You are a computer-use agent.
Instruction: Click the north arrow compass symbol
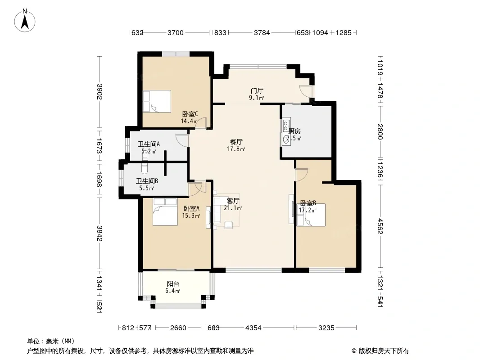25,21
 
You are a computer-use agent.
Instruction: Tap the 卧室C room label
190,114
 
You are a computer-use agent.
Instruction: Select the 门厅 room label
257,91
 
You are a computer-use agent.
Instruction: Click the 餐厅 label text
236,142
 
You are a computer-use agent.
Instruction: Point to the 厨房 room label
294,131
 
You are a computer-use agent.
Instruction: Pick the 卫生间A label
149,144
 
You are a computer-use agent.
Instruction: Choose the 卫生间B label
147,181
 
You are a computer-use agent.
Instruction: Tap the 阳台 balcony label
173,284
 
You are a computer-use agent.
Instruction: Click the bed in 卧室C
157,101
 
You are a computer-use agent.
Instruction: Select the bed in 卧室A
165,212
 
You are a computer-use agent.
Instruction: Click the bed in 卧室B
311,215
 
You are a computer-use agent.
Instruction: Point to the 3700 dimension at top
176,33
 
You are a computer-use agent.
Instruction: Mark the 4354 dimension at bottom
254,328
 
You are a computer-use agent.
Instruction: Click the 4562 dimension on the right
380,226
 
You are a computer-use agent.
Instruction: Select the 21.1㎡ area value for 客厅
233,208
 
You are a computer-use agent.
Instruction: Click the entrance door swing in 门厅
306,91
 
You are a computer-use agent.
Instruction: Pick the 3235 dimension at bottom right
326,328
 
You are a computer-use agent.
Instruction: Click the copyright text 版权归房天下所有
384,351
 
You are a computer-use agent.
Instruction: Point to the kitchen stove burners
286,125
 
